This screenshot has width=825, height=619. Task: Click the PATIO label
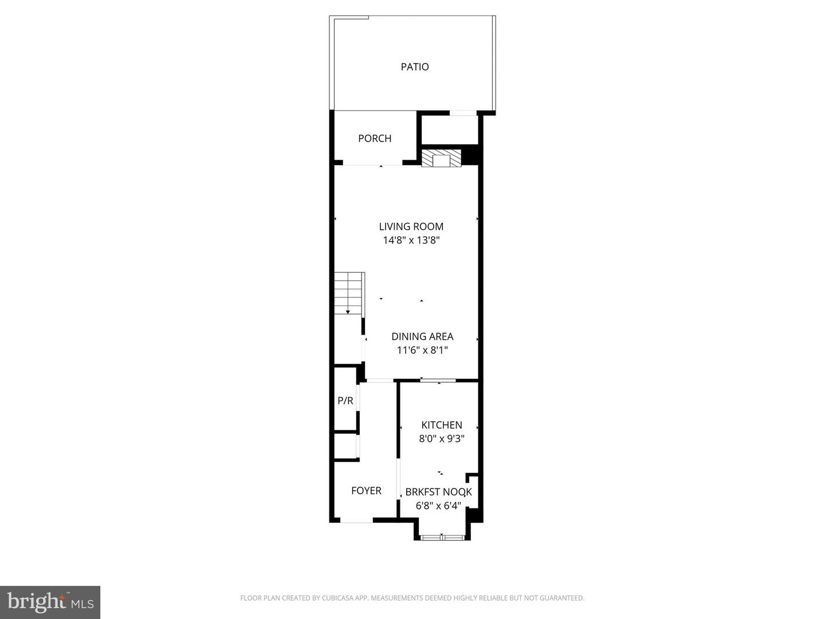pyautogui.click(x=414, y=66)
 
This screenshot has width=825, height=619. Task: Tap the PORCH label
pyautogui.click(x=375, y=138)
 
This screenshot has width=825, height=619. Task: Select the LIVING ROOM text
pyautogui.click(x=411, y=226)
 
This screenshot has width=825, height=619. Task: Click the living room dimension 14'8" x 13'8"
pyautogui.click(x=411, y=240)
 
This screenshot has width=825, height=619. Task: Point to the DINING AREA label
pyautogui.click(x=422, y=336)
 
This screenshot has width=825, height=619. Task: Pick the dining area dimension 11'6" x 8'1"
pyautogui.click(x=422, y=350)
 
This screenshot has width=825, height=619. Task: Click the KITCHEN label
pyautogui.click(x=441, y=425)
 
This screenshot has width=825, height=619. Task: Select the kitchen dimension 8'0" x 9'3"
pyautogui.click(x=441, y=438)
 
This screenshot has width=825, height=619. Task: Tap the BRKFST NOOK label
pyautogui.click(x=438, y=492)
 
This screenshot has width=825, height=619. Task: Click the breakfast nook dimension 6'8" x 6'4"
pyautogui.click(x=438, y=506)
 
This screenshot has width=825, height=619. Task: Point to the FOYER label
pyautogui.click(x=366, y=491)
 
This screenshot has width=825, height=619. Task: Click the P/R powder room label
pyautogui.click(x=345, y=401)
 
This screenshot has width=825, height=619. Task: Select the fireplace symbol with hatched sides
pyautogui.click(x=441, y=159)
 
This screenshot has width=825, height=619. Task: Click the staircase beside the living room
pyautogui.click(x=349, y=293)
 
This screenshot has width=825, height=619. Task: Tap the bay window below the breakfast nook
pyautogui.click(x=442, y=538)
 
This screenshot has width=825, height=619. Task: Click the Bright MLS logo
pyautogui.click(x=50, y=602)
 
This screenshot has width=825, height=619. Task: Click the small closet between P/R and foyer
pyautogui.click(x=345, y=446)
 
